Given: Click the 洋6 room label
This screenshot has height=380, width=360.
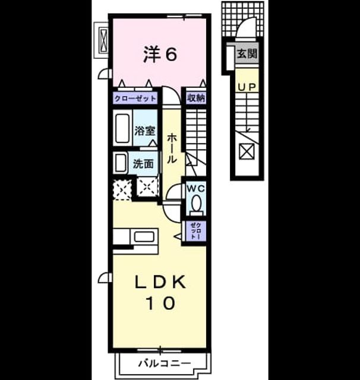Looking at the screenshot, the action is (160, 54).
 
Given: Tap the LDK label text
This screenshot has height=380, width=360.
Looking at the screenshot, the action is (160, 282).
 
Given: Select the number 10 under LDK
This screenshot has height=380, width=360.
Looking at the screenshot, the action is (160, 303).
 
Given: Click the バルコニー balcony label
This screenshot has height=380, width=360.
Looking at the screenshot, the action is (165, 363).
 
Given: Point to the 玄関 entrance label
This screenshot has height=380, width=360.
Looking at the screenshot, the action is (247, 53).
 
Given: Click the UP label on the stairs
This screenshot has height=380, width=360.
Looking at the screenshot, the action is (247, 87).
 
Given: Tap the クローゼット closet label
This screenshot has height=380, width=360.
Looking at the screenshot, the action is (135, 99).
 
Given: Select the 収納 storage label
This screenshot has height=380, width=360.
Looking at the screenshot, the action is (196, 98).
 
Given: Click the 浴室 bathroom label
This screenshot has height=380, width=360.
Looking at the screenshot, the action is (145, 131).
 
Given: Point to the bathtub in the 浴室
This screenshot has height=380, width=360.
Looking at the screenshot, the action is (122, 128).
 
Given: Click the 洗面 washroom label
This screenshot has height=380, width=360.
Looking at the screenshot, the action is (143, 164).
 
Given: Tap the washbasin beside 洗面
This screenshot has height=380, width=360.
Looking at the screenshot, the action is (120, 163).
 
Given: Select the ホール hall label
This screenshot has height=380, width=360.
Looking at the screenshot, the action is (171, 148).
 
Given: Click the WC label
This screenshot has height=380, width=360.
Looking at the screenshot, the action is (195, 189).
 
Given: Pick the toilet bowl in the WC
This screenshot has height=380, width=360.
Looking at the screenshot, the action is (196, 204).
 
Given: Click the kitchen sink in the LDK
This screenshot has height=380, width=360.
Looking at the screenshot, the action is (144, 237).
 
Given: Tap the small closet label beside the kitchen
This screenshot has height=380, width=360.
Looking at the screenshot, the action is (196, 231).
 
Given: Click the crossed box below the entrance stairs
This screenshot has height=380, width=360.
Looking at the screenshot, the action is (247, 152).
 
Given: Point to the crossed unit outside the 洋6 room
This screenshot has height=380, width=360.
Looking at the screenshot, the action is (103, 40).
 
